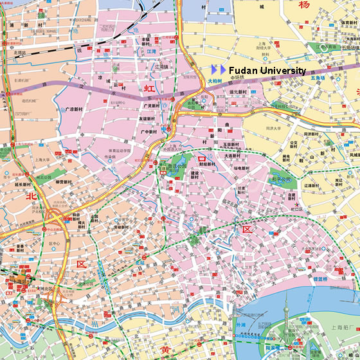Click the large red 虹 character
tap(149, 89)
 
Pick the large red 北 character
tap(30, 197)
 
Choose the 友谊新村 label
tap(150, 118)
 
